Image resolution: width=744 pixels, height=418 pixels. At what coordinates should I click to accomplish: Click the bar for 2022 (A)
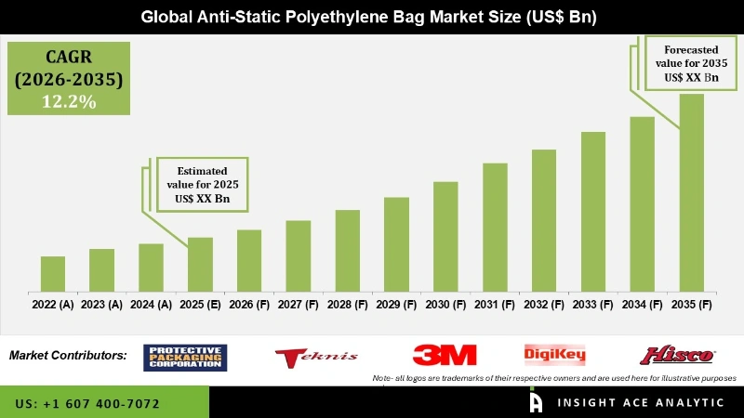point(53,274)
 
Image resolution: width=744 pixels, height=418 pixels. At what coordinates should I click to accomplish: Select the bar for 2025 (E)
point(200,265)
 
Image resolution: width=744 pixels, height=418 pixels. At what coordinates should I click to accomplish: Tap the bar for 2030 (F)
point(445,237)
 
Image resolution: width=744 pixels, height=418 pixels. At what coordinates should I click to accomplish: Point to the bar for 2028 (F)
point(347,251)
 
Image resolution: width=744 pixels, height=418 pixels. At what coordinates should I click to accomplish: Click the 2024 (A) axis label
point(151,304)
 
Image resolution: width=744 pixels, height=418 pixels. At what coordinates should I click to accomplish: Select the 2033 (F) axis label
point(593,304)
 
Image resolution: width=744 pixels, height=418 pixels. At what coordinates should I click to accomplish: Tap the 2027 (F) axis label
point(298,304)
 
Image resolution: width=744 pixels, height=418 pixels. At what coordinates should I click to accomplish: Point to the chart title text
point(372,17)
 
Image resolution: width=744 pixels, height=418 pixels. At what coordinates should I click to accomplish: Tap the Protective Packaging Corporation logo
point(185,357)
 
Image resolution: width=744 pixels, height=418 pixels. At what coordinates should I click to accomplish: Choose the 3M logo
point(445,356)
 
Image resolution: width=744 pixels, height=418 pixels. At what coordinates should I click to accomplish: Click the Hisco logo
point(676,356)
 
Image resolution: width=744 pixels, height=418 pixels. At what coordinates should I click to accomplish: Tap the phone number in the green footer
point(87,404)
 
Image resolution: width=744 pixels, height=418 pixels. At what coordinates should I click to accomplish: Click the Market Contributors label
point(68,356)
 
